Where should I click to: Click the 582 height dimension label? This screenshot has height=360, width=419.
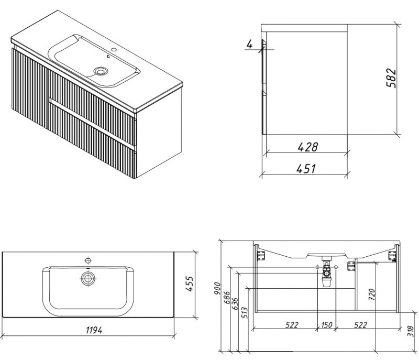391,78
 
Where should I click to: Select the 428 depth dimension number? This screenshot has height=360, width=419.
308,147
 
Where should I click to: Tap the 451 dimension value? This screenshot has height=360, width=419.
306,169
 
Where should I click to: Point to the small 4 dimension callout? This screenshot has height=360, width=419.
250,44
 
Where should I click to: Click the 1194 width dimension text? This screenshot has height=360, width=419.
94,330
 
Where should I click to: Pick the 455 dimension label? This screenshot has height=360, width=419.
189,284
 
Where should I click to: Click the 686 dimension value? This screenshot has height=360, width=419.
227,297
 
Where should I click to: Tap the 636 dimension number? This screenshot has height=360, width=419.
235,303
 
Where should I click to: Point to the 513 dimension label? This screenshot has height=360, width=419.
245,312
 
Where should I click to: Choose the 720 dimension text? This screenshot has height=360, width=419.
372,294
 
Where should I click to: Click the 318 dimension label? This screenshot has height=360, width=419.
414,331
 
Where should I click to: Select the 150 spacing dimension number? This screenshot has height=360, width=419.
326,325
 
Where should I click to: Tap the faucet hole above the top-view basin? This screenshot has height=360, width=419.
88,260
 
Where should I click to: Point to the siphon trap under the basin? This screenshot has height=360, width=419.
326,272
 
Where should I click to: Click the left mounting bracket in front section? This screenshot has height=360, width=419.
260,256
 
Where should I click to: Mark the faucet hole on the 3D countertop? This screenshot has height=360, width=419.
114,49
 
